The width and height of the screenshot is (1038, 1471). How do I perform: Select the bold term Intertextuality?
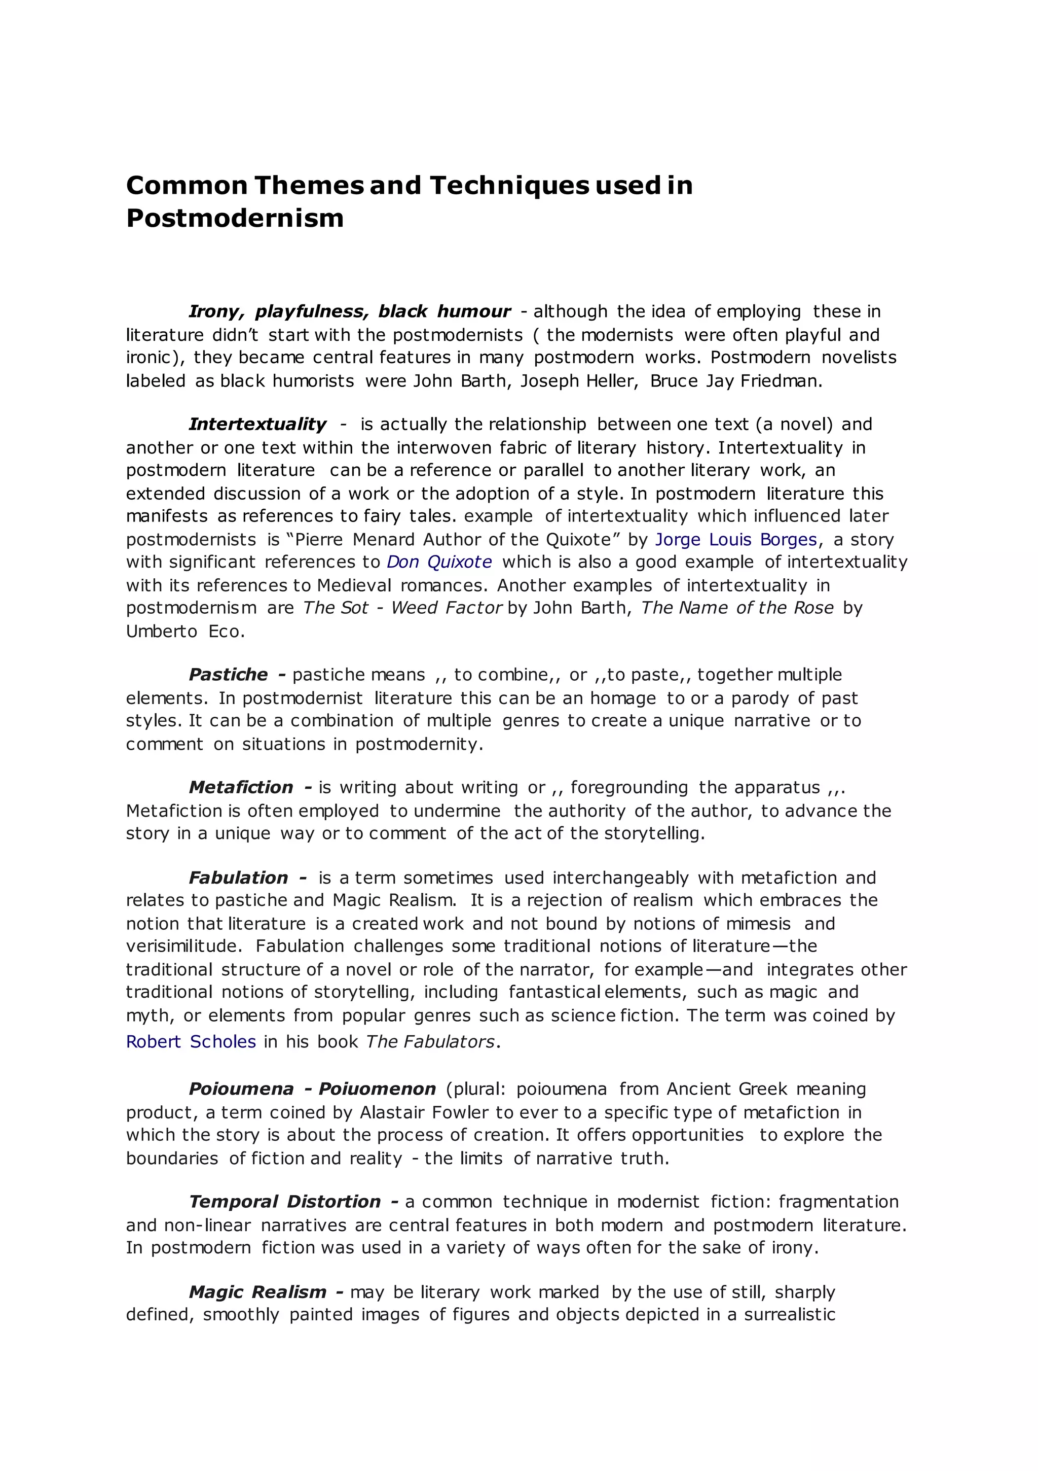(x=257, y=424)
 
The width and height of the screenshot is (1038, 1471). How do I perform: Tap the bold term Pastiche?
(x=229, y=675)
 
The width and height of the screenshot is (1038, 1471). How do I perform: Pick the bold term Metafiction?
(x=241, y=787)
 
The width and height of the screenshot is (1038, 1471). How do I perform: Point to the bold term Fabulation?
(x=238, y=878)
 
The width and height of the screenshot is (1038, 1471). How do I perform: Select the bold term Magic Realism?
(x=257, y=1291)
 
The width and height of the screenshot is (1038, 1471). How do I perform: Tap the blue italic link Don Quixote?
(x=439, y=562)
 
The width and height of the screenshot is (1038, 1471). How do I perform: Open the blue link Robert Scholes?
(x=191, y=1042)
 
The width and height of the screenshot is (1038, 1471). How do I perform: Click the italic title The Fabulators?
(x=430, y=1042)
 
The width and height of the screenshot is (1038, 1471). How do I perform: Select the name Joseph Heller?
(x=578, y=381)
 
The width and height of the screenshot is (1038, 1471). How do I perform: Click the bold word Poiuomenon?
(x=377, y=1089)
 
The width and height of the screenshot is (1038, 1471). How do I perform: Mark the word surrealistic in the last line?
(x=789, y=1314)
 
